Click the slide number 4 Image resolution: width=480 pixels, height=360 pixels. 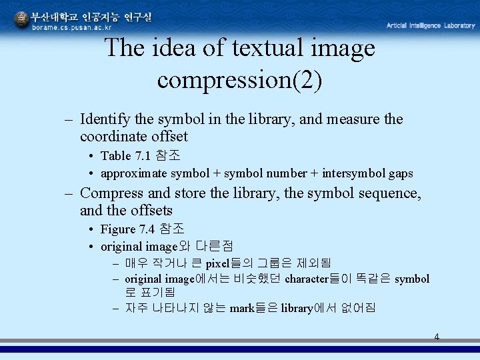pyautogui.click(x=437, y=337)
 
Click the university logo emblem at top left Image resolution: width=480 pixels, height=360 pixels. pyautogui.click(x=22, y=19)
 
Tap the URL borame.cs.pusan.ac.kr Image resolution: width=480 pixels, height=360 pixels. pyautogui.click(x=73, y=27)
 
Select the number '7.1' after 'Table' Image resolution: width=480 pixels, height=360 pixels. pyautogui.click(x=142, y=156)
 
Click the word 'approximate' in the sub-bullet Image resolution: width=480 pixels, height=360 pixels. pyautogui.click(x=134, y=173)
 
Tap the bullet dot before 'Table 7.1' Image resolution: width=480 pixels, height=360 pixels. pyautogui.click(x=90, y=157)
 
